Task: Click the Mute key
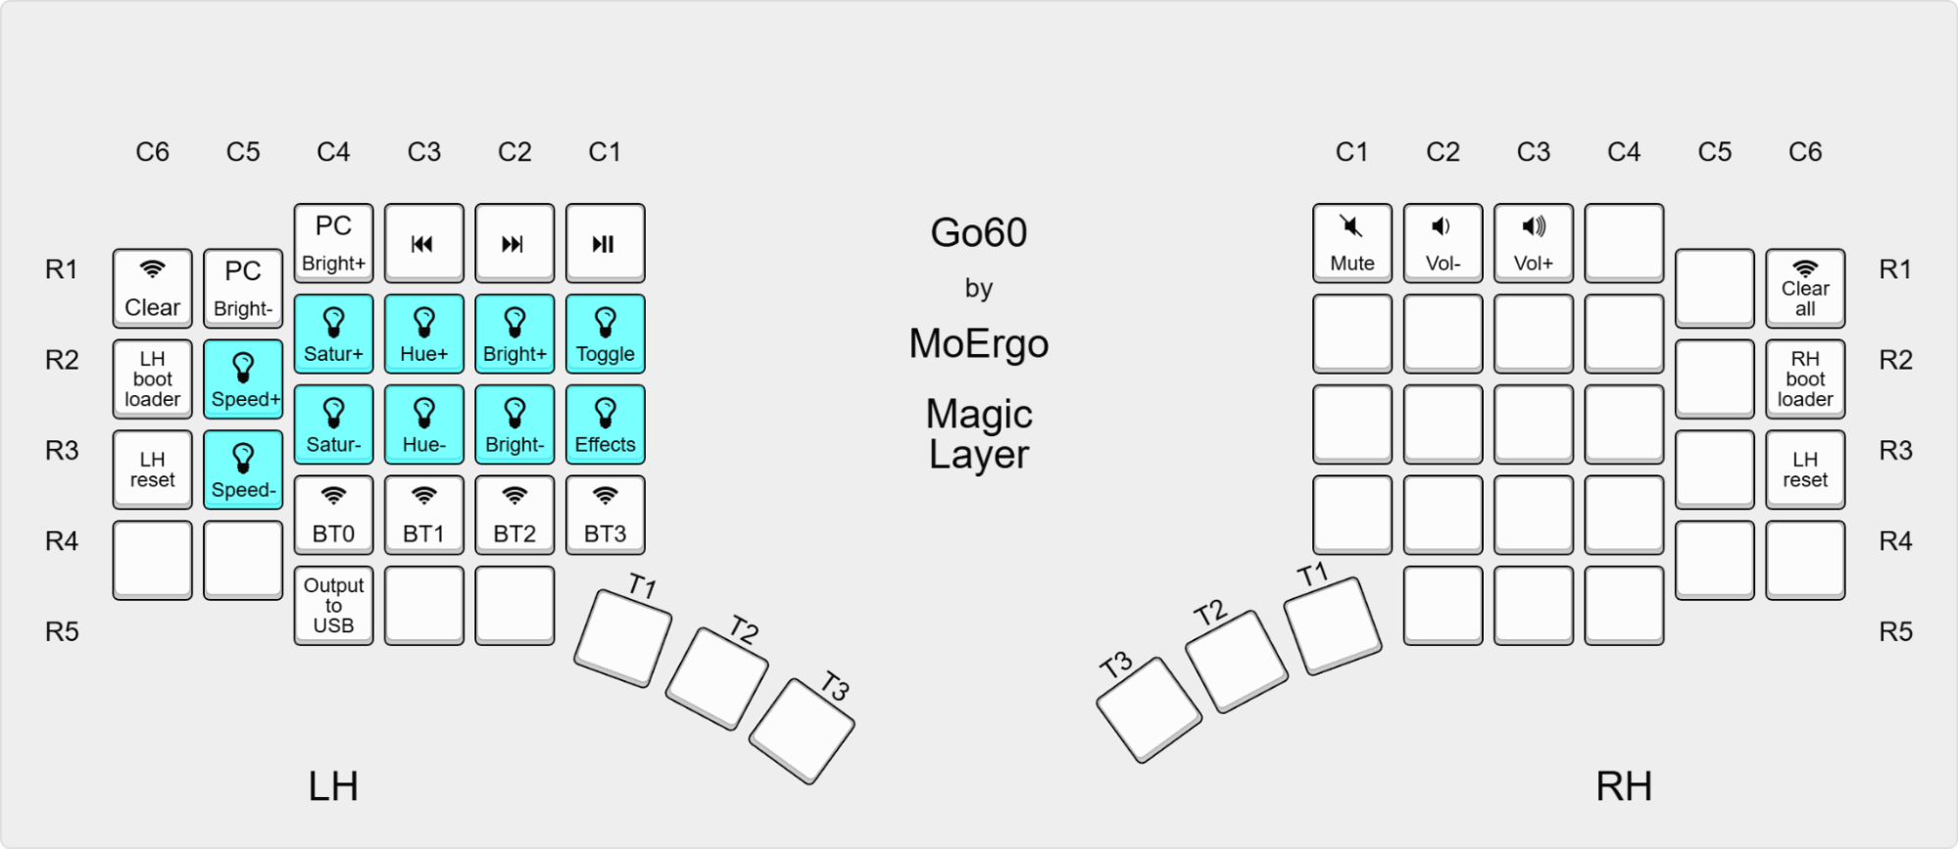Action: tap(1351, 242)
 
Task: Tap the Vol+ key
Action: tap(1533, 242)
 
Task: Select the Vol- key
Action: tap(1443, 242)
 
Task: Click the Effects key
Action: tap(605, 424)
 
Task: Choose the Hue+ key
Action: tap(423, 333)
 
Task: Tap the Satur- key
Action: tap(333, 424)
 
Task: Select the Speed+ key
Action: tap(243, 378)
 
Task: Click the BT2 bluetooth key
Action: tap(514, 515)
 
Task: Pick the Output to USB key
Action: tap(333, 605)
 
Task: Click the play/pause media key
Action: tap(605, 242)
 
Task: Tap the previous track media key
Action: tap(423, 242)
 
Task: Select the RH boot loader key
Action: tap(1805, 378)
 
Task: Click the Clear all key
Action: tap(1805, 288)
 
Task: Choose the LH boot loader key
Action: tap(152, 378)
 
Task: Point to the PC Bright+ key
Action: tap(333, 242)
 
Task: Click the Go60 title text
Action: tap(978, 232)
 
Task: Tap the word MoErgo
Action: tap(978, 343)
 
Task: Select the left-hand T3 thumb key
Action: tap(802, 730)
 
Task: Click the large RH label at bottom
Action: tap(1623, 786)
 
